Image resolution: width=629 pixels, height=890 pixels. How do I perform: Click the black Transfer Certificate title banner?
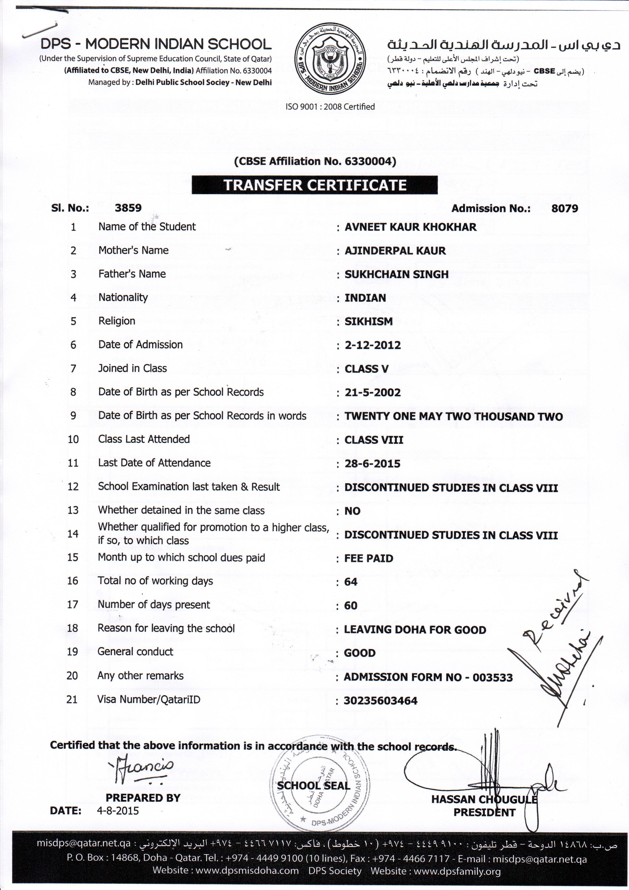(x=314, y=185)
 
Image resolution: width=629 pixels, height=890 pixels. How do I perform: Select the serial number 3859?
(x=128, y=208)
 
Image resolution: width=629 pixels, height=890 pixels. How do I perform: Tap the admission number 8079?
(x=564, y=209)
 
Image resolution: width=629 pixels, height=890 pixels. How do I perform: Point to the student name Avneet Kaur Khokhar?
(x=410, y=227)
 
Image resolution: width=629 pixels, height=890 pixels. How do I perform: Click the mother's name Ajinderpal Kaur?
(x=395, y=251)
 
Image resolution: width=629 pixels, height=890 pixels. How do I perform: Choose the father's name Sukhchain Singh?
(x=397, y=274)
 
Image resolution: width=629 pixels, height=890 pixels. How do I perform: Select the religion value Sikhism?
(x=368, y=321)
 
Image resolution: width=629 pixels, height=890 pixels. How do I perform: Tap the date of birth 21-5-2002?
(x=373, y=392)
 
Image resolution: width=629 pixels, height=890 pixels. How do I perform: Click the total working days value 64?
(x=351, y=582)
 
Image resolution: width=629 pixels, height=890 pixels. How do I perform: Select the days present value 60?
(x=351, y=606)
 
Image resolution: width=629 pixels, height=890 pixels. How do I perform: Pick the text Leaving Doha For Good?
(x=415, y=630)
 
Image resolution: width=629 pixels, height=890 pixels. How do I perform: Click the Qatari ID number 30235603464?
(x=380, y=701)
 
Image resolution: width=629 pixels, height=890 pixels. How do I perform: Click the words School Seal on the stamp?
(x=313, y=785)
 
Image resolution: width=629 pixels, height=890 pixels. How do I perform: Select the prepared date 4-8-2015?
(x=118, y=811)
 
